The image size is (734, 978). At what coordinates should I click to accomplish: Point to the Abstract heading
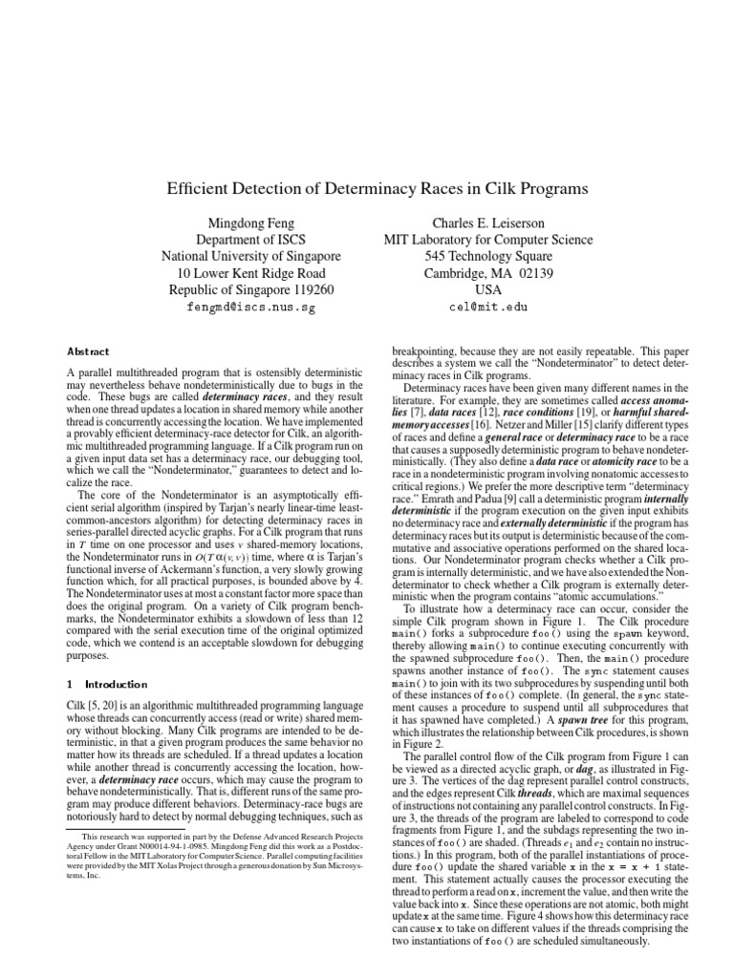click(x=88, y=351)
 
